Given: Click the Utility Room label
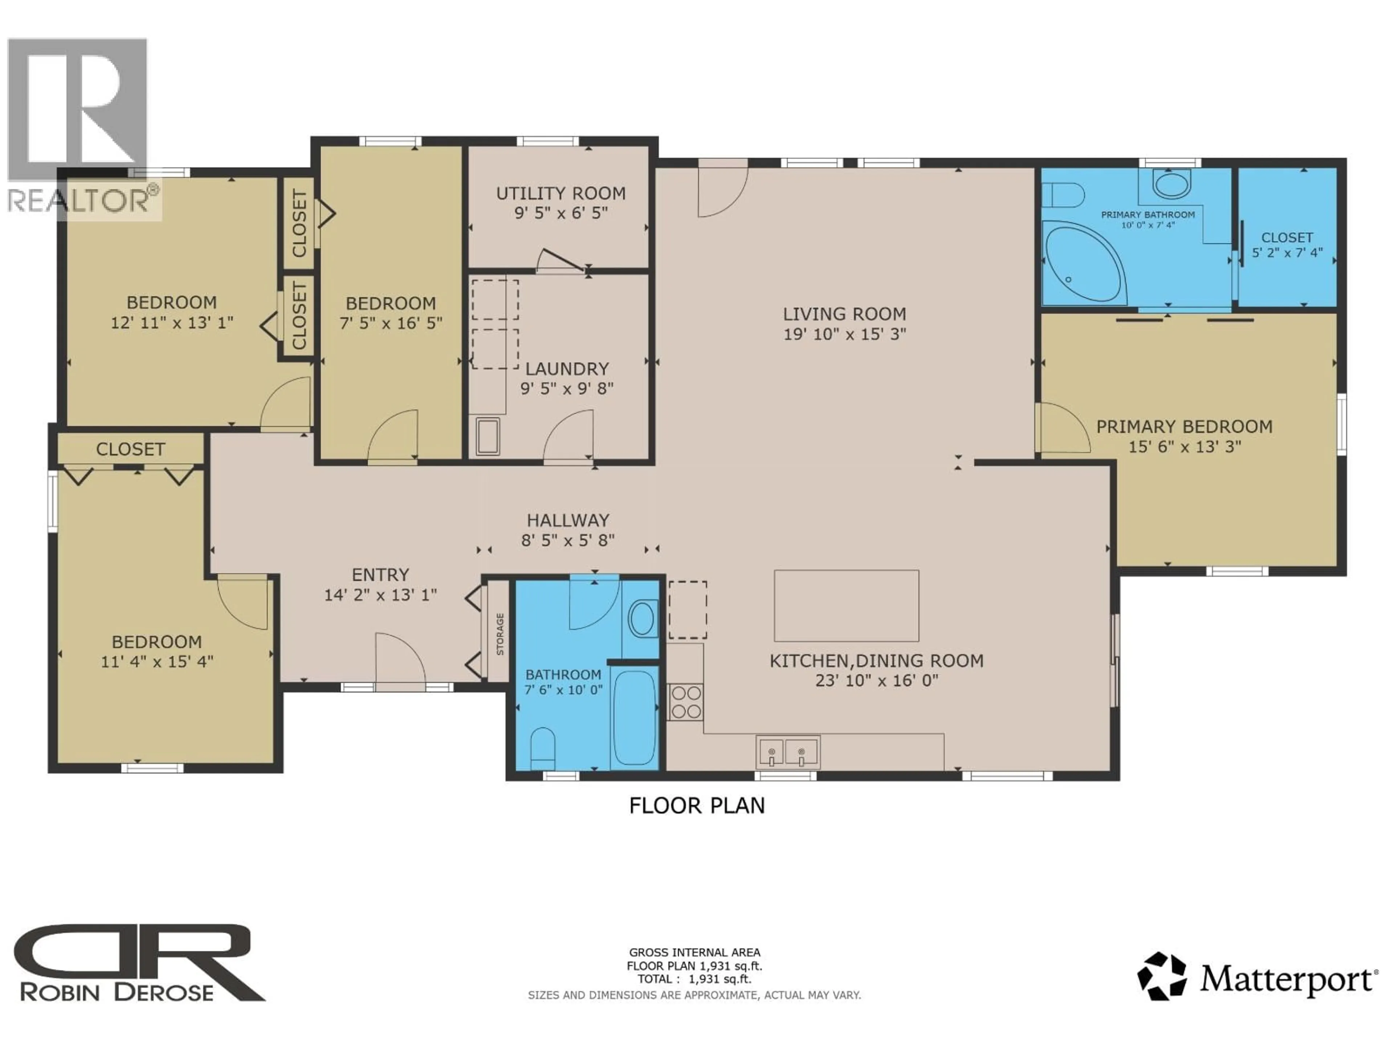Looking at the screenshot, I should pyautogui.click(x=560, y=193).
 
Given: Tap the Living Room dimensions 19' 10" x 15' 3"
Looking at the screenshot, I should pyautogui.click(x=844, y=334).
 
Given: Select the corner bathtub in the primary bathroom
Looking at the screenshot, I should pyautogui.click(x=1083, y=265).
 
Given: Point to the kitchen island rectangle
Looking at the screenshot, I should pyautogui.click(x=846, y=605).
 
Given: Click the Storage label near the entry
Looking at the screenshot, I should pyautogui.click(x=500, y=634).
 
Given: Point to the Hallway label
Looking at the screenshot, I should pyautogui.click(x=568, y=520).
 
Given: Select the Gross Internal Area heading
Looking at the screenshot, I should pyautogui.click(x=694, y=952).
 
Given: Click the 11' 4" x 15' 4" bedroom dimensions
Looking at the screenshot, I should pyautogui.click(x=157, y=661).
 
